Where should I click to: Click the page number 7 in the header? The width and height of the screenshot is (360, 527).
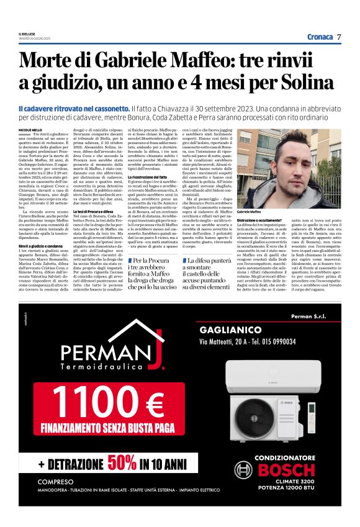340,37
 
